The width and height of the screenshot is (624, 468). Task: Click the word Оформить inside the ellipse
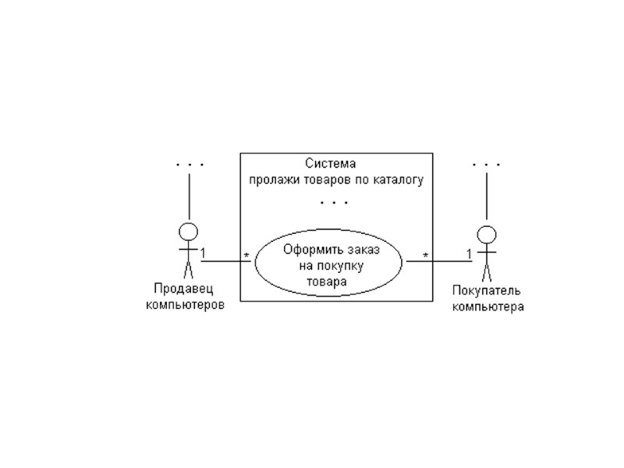[x=309, y=250]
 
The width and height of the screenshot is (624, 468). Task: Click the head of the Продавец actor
[x=188, y=232]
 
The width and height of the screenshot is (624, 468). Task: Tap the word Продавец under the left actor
[x=185, y=290]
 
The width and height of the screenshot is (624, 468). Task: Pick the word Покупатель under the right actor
[x=487, y=291]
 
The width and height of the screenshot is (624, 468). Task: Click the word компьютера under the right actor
[x=488, y=307]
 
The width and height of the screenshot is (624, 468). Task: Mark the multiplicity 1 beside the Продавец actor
[x=203, y=253]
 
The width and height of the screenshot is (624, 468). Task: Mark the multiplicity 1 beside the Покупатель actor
[x=469, y=253]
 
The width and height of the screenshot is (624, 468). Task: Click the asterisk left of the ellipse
[x=246, y=256]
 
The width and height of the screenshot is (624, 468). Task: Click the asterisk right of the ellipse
[x=425, y=256]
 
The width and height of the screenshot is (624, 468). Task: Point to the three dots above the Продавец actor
[x=190, y=165]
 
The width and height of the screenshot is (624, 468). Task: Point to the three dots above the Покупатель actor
[x=487, y=165]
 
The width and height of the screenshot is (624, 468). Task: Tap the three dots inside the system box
[x=334, y=203]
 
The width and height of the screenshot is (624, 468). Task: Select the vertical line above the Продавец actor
[x=189, y=197]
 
